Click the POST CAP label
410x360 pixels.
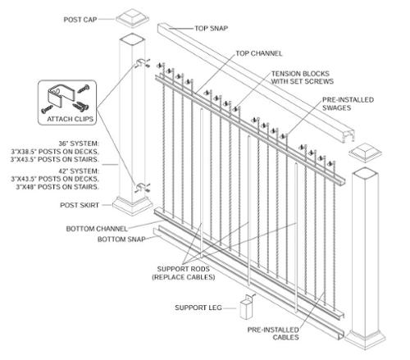(x=80, y=20)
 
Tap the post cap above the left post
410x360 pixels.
(x=133, y=18)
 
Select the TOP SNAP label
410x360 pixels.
(x=211, y=28)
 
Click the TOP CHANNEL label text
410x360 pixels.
(x=258, y=53)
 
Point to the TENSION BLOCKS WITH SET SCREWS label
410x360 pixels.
(x=303, y=77)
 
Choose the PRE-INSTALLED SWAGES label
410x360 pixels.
(x=348, y=103)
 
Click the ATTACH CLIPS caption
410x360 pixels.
(x=71, y=119)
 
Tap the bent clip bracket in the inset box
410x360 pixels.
(x=61, y=96)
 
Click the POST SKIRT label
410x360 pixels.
(x=80, y=205)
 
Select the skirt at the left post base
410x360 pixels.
(x=133, y=206)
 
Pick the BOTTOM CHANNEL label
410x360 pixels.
(x=97, y=229)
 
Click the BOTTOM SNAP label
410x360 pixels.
(x=121, y=239)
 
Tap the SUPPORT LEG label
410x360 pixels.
(x=198, y=308)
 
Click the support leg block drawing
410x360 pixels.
(x=247, y=308)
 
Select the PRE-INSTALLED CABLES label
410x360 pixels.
(x=273, y=334)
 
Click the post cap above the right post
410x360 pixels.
(x=365, y=153)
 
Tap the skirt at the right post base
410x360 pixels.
(x=365, y=339)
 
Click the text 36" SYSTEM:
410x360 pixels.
(x=79, y=144)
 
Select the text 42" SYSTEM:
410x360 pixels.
(x=79, y=171)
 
